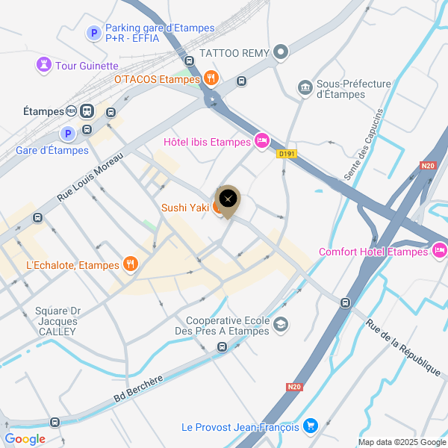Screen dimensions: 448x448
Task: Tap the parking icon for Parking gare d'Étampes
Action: (94, 33)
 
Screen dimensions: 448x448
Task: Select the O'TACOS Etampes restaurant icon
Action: (211, 78)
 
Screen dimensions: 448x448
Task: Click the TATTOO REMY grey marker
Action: (281, 52)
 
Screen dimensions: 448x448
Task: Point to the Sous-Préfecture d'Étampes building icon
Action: (305, 88)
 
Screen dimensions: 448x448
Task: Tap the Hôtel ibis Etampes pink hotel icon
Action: (261, 140)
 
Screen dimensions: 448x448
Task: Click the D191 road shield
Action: (284, 154)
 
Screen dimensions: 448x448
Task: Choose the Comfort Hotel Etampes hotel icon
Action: (439, 251)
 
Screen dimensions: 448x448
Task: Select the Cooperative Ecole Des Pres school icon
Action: (281, 324)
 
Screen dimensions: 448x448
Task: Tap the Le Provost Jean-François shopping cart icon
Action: (311, 426)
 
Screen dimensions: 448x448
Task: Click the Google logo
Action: (25, 439)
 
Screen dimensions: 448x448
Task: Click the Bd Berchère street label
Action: (138, 390)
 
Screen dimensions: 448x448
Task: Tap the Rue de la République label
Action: (403, 347)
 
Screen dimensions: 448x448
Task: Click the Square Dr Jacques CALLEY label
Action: (57, 321)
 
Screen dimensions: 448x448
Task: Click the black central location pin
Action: (228, 199)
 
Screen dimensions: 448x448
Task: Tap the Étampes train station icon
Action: (87, 111)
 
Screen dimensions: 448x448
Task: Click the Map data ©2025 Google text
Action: (401, 442)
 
